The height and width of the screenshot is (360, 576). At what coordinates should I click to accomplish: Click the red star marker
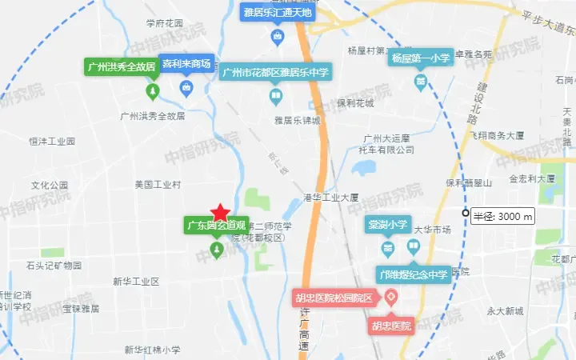[221, 212]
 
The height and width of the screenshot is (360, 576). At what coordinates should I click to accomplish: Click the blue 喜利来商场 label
[186, 63]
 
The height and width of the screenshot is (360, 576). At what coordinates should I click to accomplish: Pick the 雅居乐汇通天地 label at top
[278, 12]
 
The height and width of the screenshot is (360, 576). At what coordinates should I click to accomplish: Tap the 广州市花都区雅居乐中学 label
[276, 73]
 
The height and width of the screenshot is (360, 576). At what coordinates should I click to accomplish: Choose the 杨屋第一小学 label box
[420, 58]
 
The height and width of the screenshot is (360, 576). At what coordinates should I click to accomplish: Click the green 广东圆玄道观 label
[216, 224]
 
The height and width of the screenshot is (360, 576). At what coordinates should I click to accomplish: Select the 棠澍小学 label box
[388, 225]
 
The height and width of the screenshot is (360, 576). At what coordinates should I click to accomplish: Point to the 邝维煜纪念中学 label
[413, 274]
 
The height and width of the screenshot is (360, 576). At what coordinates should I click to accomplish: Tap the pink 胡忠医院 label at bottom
[390, 326]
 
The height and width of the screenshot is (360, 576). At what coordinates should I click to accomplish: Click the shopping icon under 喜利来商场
[186, 87]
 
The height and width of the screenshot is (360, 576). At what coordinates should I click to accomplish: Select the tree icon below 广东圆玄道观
[216, 250]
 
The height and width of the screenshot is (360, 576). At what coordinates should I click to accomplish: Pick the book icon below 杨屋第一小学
[420, 81]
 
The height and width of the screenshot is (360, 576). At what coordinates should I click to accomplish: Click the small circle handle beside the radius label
[466, 213]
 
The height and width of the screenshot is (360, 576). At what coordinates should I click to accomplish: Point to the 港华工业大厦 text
[330, 196]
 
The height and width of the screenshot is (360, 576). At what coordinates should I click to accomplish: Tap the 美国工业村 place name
[158, 184]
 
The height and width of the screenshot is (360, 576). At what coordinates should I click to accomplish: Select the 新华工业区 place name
[136, 282]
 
